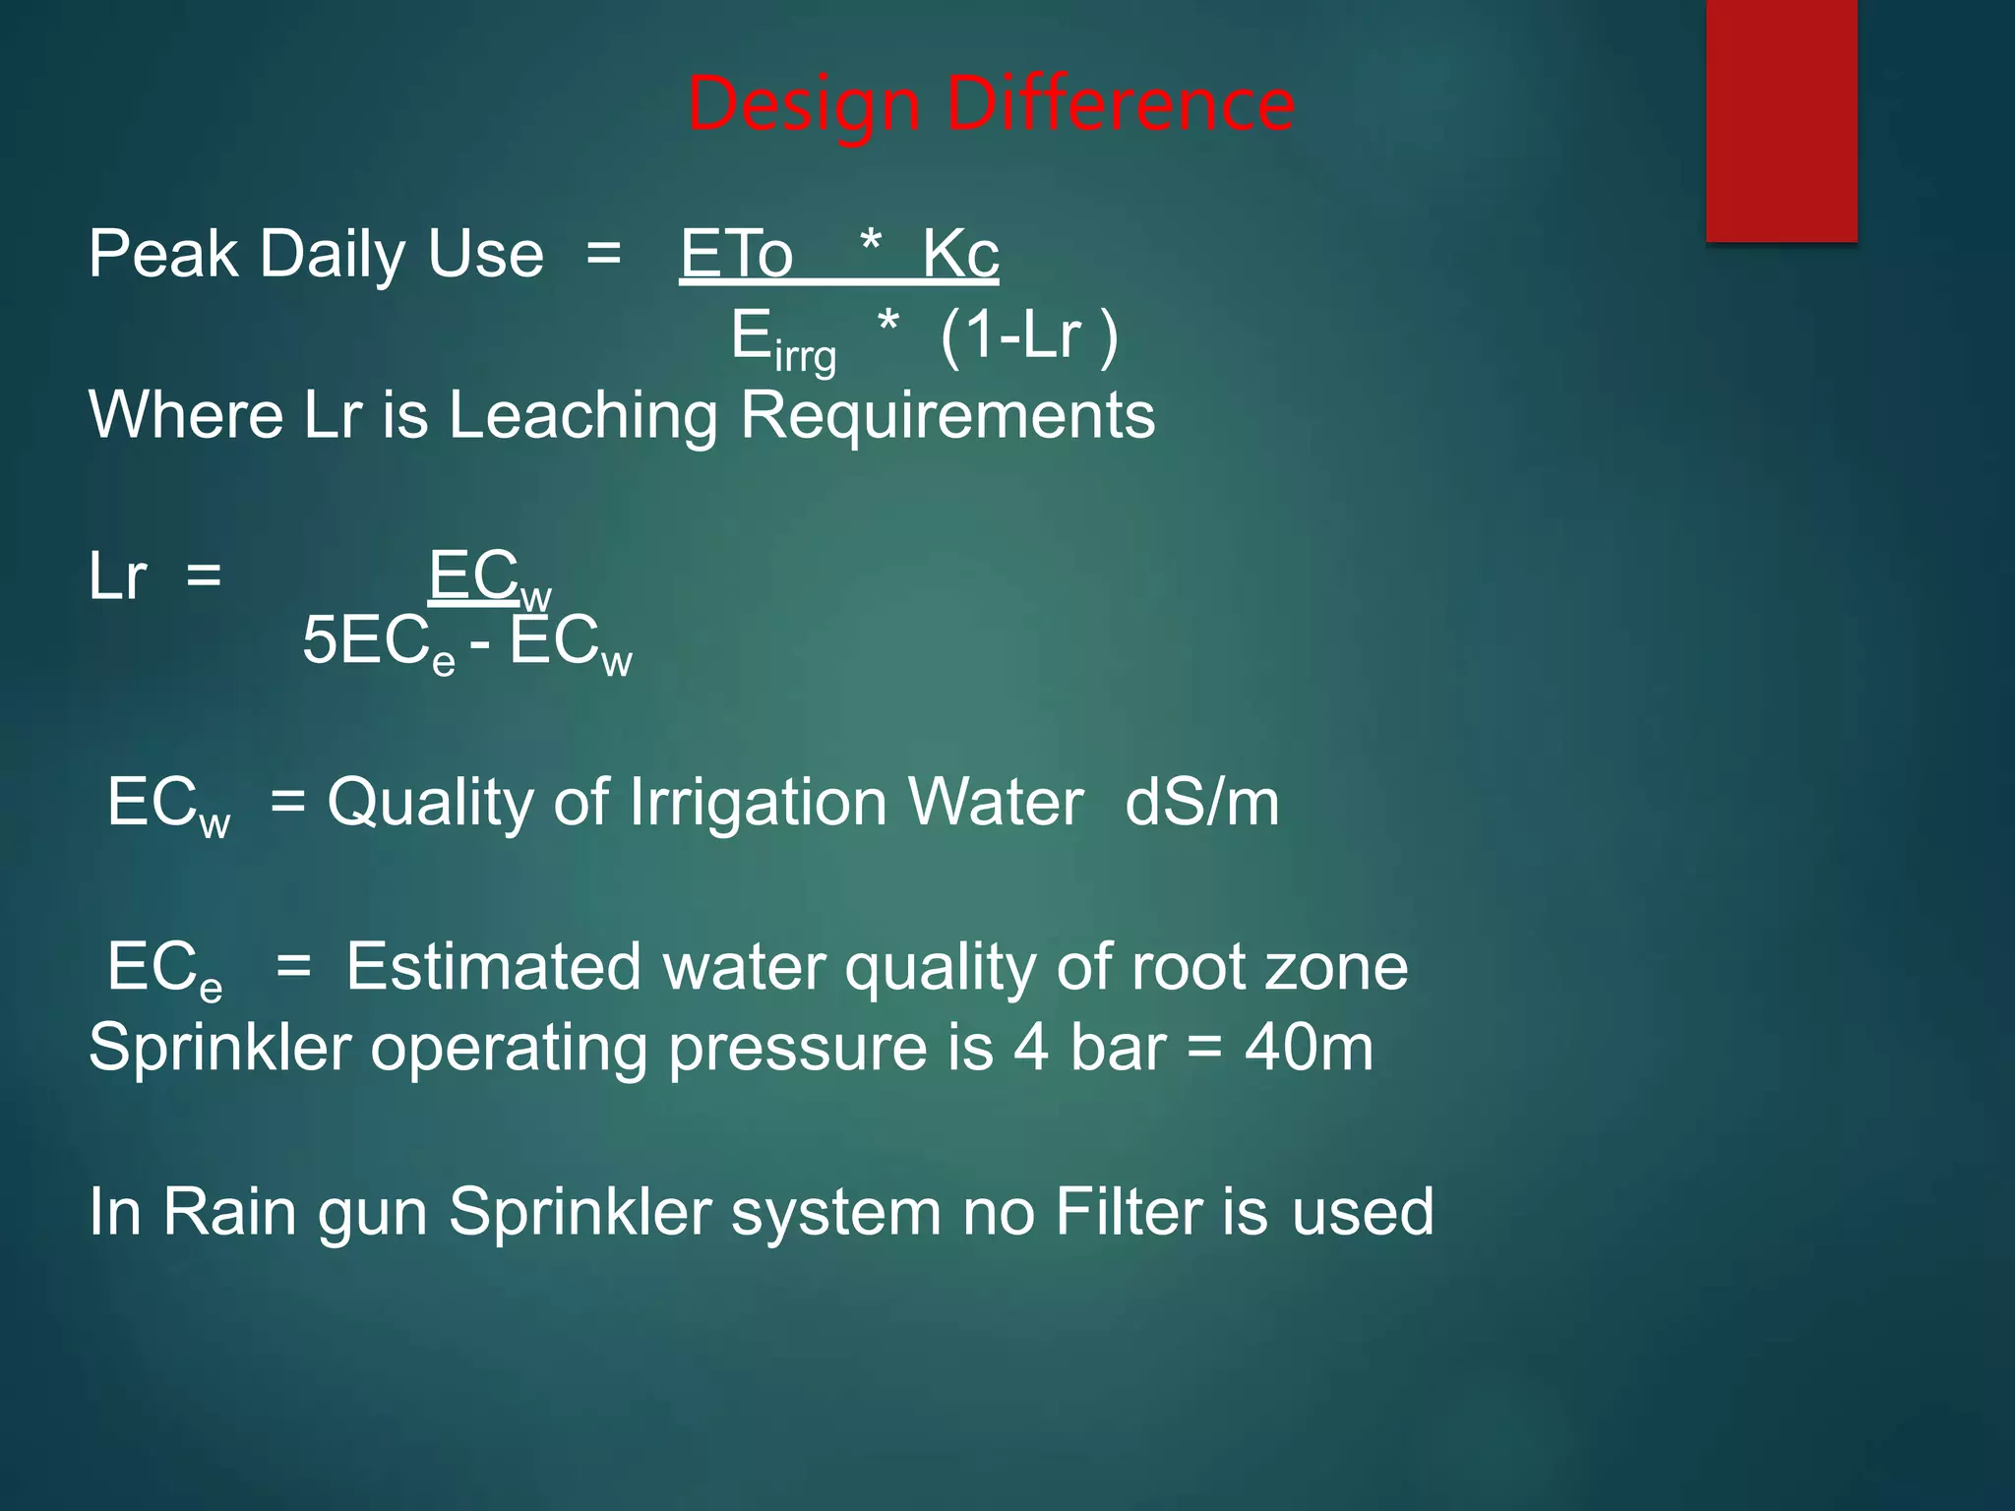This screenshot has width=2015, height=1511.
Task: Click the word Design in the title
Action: pos(803,104)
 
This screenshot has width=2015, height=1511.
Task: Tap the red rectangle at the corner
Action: pos(1781,120)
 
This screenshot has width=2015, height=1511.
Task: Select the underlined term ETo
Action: pos(736,254)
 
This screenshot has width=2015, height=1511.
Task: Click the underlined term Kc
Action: pos(960,254)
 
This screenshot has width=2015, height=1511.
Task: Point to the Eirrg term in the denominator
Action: pos(783,340)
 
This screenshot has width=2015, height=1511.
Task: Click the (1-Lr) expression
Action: pos(1029,335)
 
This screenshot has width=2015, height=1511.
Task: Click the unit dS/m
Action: pos(1201,802)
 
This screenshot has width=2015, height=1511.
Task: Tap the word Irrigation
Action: pos(757,802)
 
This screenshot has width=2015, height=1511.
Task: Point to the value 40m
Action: pos(1309,1047)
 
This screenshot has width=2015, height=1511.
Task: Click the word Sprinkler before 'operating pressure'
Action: pos(219,1047)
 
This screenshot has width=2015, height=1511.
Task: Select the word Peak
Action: pos(163,254)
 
